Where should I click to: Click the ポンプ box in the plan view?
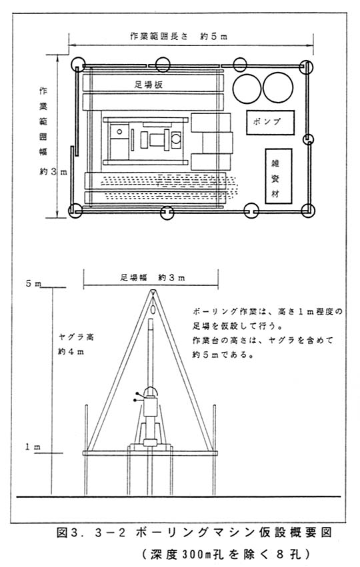click(x=270, y=123)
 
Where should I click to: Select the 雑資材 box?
click(x=279, y=176)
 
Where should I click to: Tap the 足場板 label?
click(x=149, y=85)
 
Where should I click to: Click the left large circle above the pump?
click(x=247, y=89)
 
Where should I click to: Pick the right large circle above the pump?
click(x=278, y=87)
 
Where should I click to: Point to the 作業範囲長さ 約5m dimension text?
click(x=179, y=37)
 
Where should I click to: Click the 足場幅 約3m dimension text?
click(x=152, y=278)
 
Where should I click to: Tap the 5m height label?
click(x=33, y=284)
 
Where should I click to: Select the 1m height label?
click(x=33, y=447)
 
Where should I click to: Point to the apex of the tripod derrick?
click(x=153, y=290)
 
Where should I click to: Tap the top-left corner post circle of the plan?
click(x=78, y=65)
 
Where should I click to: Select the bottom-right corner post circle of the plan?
click(x=308, y=211)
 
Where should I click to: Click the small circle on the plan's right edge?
click(x=308, y=139)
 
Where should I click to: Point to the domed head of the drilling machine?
click(x=151, y=392)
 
